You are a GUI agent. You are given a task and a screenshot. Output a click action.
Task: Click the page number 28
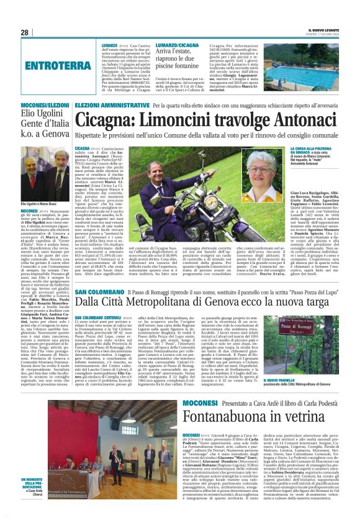coord(24,32)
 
